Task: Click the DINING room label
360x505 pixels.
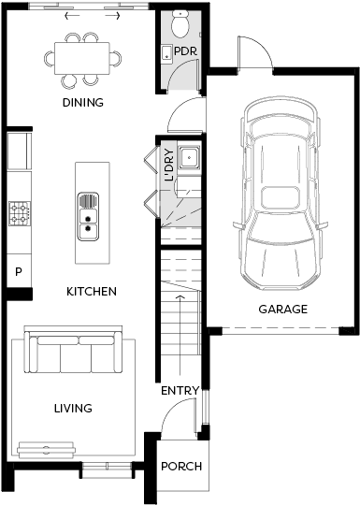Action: pos(83,103)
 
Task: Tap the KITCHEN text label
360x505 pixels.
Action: pos(92,292)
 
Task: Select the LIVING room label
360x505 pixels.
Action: pos(73,409)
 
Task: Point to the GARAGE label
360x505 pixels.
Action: pos(283,310)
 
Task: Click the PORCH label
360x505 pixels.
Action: pos(181,467)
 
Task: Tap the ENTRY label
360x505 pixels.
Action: pos(180,391)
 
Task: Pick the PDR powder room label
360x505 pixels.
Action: pos(185,51)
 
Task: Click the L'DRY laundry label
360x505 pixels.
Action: pos(169,165)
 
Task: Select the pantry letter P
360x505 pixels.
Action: pos(19,272)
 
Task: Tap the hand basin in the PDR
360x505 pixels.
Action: pos(166,52)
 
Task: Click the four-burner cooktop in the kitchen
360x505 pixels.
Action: pos(20,213)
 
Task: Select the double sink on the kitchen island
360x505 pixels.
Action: pos(88,216)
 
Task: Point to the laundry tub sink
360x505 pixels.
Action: pos(189,157)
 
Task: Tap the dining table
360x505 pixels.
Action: pos(82,58)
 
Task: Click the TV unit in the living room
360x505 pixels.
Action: pos(47,450)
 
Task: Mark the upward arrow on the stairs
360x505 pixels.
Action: pos(180,335)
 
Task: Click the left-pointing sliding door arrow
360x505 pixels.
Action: pos(72,16)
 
